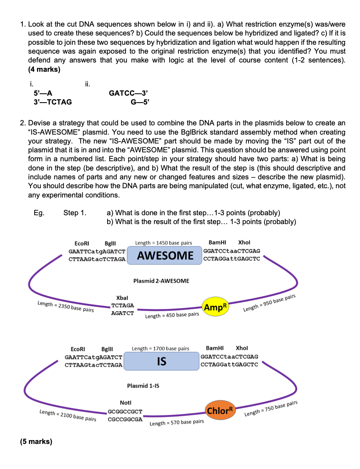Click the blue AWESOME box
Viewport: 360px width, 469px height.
(165, 255)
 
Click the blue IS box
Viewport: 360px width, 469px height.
(161, 361)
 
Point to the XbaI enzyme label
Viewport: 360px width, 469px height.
(122, 298)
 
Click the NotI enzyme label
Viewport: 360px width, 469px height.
(126, 403)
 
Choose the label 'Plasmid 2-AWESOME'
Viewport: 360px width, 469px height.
(161, 281)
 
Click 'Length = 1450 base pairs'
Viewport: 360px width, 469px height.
(163, 243)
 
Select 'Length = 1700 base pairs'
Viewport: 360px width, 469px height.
(160, 349)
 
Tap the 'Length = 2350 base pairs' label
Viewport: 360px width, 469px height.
(66, 307)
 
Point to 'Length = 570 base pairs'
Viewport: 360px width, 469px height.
(177, 423)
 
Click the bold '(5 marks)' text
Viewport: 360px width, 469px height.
(36, 441)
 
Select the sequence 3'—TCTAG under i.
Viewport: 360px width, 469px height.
(52, 102)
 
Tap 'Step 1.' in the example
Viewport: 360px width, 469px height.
(75, 213)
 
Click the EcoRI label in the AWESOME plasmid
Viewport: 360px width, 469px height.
(82, 243)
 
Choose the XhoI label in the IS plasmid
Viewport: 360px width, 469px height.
(242, 348)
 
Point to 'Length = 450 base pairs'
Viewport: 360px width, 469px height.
(172, 315)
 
